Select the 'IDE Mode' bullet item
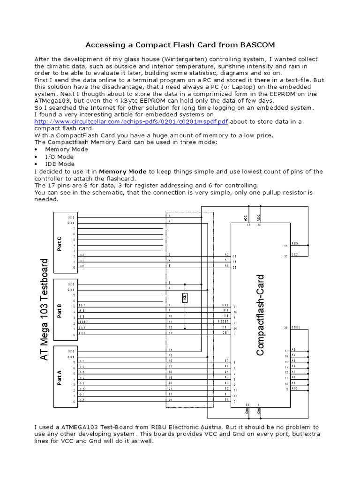pyautogui.click(x=60, y=164)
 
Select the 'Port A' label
pyautogui.click(x=60, y=377)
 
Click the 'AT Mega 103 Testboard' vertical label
pyautogui.click(x=45, y=310)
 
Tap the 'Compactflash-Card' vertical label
pyautogui.click(x=261, y=315)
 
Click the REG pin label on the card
pyautogui.click(x=295, y=244)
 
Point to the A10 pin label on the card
pyautogui.click(x=294, y=389)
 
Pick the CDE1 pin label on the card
pyautogui.click(x=296, y=327)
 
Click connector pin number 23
pyautogui.click(x=170, y=400)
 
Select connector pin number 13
pyautogui.click(x=170, y=333)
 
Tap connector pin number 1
pyautogui.click(x=170, y=216)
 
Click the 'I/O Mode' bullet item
pyautogui.click(x=59, y=157)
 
